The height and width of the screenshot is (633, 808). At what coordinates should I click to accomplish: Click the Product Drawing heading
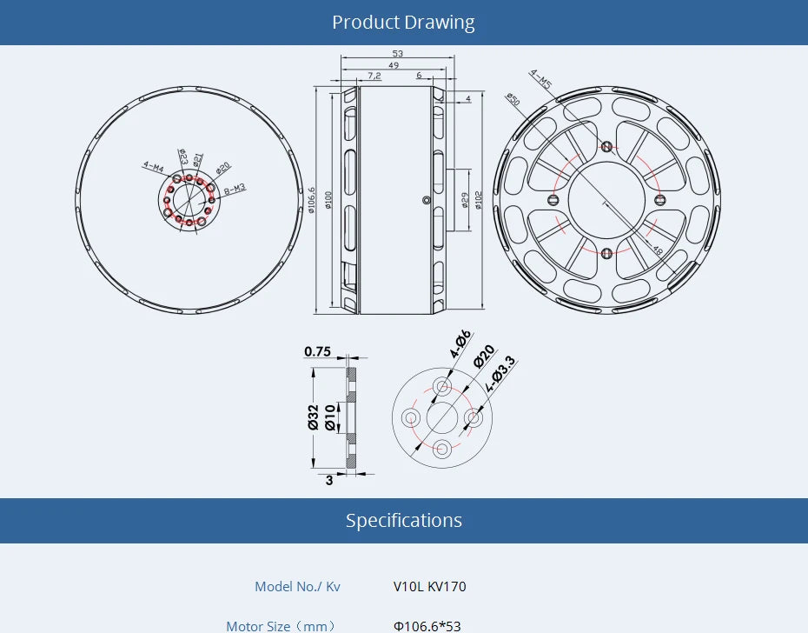403,23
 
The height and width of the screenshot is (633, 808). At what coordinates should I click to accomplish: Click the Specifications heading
403,521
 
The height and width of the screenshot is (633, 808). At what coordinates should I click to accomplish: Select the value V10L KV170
429,587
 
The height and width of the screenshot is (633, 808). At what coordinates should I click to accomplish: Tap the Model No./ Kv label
297,587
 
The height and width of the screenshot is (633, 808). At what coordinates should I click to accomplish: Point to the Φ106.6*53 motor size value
427,626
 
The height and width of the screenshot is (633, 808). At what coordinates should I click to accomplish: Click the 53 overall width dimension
397,54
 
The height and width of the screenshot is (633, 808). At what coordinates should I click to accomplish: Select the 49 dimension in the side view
394,65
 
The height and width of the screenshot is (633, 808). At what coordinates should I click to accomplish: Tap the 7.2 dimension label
374,76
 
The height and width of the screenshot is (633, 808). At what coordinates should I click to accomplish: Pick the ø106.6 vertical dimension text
312,201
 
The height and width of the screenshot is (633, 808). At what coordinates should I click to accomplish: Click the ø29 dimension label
465,201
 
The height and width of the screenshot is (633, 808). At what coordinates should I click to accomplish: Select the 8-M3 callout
235,189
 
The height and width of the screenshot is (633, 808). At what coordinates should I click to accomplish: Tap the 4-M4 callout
154,164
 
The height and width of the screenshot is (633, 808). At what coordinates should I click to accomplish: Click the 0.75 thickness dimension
317,352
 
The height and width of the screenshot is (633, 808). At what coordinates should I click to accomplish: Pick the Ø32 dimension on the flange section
313,418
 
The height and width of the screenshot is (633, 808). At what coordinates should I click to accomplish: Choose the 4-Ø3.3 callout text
500,372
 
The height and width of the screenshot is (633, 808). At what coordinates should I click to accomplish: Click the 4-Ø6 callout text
460,344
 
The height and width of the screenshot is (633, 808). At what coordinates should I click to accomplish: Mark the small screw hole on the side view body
425,200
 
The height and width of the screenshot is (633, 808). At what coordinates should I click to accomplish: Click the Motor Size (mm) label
280,626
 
